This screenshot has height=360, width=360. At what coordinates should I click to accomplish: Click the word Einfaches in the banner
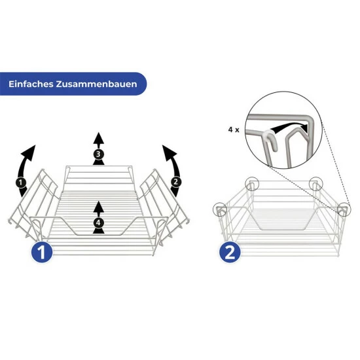31,84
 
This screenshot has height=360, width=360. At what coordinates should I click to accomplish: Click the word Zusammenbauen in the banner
96,84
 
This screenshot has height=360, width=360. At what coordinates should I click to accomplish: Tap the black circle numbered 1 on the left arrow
21,183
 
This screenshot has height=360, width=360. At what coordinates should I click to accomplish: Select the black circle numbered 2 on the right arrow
175,181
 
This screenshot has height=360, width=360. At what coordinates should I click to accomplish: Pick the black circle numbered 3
98,154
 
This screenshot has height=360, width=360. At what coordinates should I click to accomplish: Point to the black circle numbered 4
98,223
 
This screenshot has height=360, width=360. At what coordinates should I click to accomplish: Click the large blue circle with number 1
42,252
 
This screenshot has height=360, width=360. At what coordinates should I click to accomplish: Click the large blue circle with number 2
230,252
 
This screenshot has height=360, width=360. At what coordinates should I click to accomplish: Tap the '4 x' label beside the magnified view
234,130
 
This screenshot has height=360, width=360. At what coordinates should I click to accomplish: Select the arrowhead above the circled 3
99,138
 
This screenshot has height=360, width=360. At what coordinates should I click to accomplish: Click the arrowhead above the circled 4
99,207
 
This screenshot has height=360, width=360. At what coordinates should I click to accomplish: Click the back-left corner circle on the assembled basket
252,184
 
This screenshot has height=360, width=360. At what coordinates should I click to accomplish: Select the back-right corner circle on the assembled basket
315,184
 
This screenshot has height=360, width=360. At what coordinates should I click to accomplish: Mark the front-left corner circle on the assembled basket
220,209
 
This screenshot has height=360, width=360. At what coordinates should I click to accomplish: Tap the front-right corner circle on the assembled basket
344,209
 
